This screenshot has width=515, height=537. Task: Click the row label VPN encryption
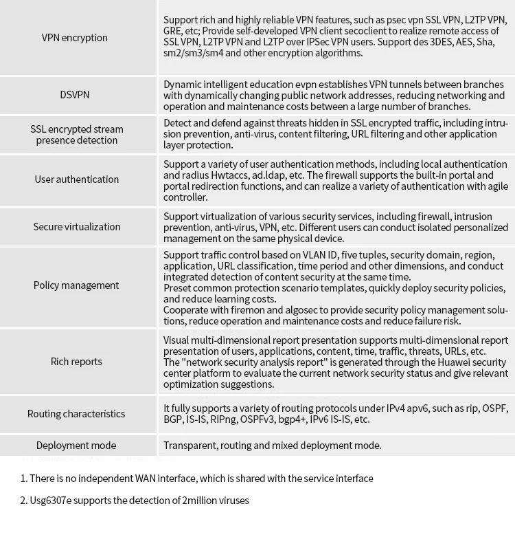tap(74, 38)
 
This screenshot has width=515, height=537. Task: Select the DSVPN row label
tap(74, 95)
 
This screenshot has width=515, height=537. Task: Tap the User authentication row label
tap(76, 179)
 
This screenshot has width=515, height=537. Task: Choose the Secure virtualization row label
tap(76, 227)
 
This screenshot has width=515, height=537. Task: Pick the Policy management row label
tap(76, 285)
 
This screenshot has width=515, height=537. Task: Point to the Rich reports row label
tap(76, 362)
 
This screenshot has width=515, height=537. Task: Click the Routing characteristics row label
tap(76, 414)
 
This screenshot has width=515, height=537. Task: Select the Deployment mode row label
tap(76, 446)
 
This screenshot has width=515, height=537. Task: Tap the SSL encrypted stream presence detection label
tap(76, 135)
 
